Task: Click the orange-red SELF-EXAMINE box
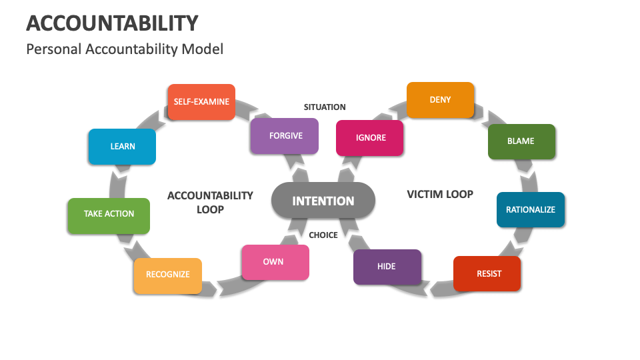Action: point(201,102)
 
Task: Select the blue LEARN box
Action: point(122,147)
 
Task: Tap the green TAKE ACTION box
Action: point(109,214)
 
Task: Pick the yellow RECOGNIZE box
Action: point(168,275)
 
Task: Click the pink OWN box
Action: point(274,262)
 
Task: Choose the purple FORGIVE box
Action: point(285,136)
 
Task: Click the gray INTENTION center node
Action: point(323,201)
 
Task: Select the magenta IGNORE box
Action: point(370,138)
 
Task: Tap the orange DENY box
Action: point(440,100)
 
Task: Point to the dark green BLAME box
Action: point(521,141)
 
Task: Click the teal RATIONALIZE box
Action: point(531,210)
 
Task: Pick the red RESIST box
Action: point(487,273)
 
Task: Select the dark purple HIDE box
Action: point(387,267)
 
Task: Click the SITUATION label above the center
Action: point(325,107)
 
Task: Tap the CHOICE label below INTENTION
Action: point(323,235)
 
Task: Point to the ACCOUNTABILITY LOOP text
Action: point(210,202)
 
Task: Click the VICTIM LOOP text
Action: point(440,195)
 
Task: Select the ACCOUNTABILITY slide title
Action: point(112,23)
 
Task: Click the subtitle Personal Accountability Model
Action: point(125,49)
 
